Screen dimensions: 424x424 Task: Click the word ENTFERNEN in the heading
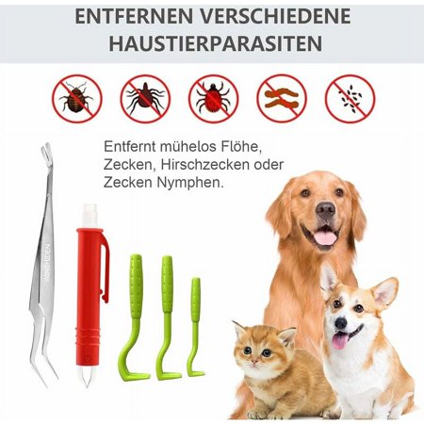point(131,18)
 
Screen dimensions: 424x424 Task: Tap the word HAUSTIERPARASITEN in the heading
point(212,45)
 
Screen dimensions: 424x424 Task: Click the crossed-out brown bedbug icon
point(77,98)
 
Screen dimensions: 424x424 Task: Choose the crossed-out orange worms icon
point(282,98)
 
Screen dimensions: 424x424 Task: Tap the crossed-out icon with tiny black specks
point(350,98)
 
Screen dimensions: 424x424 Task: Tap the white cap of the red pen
point(90,216)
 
